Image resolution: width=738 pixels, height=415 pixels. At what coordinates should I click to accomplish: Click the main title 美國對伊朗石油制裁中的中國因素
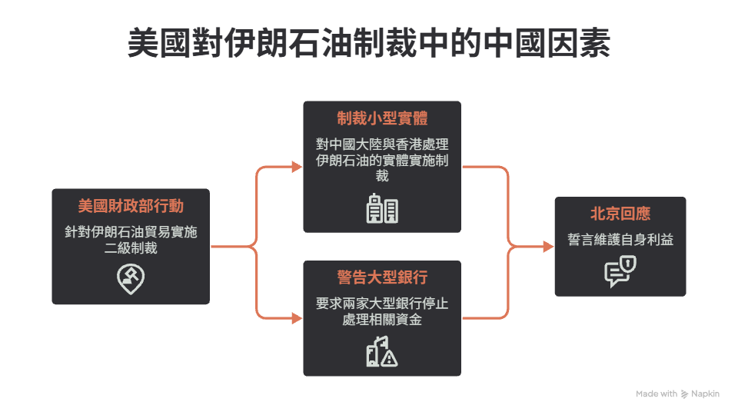pos(369,43)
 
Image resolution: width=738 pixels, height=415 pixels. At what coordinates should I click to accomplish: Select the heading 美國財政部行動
pos(131,206)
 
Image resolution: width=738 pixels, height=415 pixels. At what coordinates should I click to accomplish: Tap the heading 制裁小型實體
pos(382,118)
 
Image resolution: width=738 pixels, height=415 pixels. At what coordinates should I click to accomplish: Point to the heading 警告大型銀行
pos(382,277)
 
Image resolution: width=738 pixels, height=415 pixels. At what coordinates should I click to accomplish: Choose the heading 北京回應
pos(620,214)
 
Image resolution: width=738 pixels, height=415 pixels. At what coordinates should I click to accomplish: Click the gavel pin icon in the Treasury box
pos(131,279)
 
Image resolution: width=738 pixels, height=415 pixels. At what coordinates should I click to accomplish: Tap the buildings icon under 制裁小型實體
pos(382,208)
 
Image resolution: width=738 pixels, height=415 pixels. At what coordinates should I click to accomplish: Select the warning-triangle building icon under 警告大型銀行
pos(382,351)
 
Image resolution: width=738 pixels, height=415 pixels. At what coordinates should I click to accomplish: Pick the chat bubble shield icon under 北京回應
pos(620,271)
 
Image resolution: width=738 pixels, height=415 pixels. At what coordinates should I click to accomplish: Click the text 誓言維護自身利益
pos(620,240)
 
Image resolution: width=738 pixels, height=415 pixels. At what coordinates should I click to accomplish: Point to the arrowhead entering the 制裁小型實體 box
pos(297,167)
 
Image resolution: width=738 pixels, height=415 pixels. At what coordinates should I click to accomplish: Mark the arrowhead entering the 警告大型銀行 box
pos(297,318)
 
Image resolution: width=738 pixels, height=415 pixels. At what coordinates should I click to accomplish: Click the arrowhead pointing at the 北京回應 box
pos(548,247)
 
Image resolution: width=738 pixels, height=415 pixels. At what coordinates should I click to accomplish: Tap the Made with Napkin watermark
pos(677,393)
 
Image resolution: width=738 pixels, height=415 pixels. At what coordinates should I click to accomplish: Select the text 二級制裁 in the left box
pos(131,248)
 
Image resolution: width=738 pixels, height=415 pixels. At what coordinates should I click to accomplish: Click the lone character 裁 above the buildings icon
pos(382,176)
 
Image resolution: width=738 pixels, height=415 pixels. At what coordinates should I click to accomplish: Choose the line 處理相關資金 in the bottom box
pos(382,320)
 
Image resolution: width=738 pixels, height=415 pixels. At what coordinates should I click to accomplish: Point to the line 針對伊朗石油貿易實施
pos(131,232)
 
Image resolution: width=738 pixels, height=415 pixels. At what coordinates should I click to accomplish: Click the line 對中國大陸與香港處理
pos(382,144)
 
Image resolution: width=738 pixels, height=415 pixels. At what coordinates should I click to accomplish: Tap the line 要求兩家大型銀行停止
pos(382,304)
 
